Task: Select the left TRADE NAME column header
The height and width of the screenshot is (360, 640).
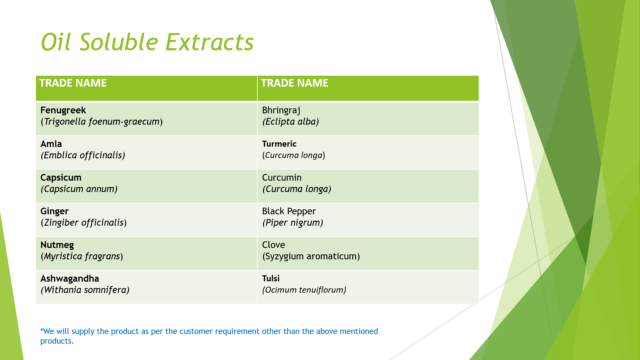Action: tap(73, 83)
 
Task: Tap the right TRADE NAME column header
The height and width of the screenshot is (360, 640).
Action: tap(295, 83)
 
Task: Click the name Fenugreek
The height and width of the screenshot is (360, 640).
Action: tap(63, 110)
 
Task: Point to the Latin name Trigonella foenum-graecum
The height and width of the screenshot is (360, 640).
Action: tap(102, 122)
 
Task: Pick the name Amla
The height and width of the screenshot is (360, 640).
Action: tap(51, 144)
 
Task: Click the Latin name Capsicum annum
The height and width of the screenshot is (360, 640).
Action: tap(79, 189)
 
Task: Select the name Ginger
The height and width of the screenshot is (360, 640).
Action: tap(54, 211)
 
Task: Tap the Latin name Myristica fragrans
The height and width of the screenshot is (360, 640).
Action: tap(82, 256)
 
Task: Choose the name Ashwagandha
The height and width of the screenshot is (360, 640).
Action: tap(70, 279)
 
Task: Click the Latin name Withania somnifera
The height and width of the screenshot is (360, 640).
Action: tap(85, 290)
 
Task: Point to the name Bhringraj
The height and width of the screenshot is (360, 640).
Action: tap(281, 110)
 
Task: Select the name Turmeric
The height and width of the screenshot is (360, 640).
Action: tap(279, 144)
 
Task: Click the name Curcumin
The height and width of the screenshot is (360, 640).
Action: tap(282, 178)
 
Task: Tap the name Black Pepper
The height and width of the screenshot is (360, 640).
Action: tap(289, 211)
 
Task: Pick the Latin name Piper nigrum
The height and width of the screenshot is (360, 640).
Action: tap(293, 223)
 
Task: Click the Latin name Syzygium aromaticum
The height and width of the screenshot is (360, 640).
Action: tap(311, 256)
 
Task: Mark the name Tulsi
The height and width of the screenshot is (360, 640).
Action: tap(271, 279)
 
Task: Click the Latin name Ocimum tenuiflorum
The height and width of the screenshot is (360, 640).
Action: tap(304, 290)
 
